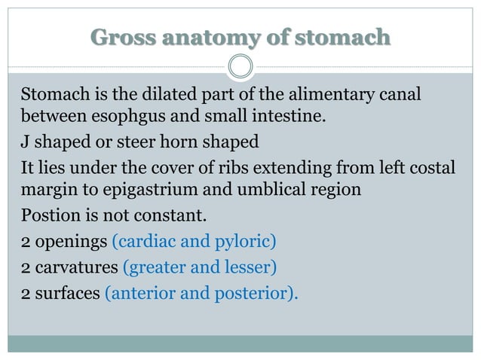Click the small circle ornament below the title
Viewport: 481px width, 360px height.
240,66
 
